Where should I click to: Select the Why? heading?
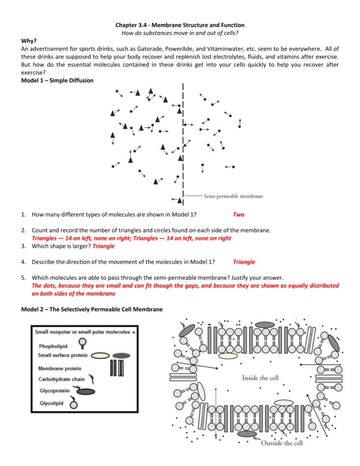click(28, 41)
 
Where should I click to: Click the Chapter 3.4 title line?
click(180, 25)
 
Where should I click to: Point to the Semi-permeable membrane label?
click(233, 196)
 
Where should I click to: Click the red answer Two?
click(238, 215)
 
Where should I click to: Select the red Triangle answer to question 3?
click(103, 246)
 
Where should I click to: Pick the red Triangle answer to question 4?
click(244, 262)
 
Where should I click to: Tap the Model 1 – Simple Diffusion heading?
click(57, 81)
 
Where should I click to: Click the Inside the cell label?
click(260, 378)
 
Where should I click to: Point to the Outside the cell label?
click(282, 443)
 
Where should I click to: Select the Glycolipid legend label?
click(52, 403)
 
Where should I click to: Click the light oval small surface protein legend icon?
click(100, 356)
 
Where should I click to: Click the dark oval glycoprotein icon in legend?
click(86, 392)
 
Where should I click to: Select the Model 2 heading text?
click(92, 309)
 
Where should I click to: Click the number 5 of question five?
click(23, 278)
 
